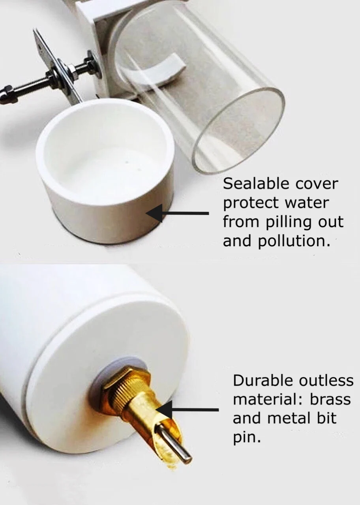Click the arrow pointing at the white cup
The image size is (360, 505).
[x=177, y=213]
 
